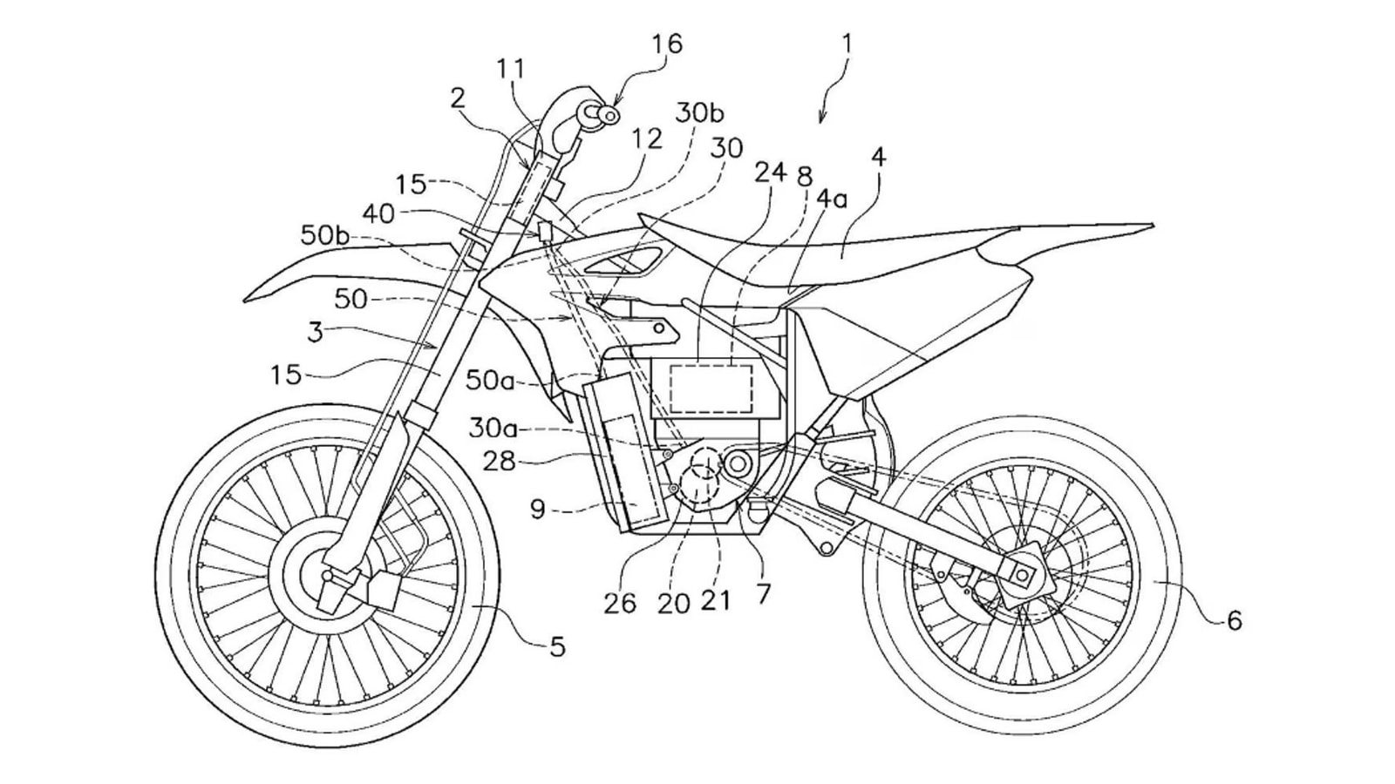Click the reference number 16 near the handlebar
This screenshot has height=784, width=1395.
click(x=665, y=44)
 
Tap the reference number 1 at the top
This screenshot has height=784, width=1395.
click(x=847, y=44)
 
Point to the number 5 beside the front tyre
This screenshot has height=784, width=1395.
click(x=557, y=646)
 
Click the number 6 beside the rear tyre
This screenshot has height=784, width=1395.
click(x=1234, y=620)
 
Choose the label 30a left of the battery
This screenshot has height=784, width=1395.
click(x=494, y=428)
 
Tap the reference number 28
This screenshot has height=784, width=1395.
click(x=500, y=463)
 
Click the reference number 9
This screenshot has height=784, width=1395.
click(x=537, y=509)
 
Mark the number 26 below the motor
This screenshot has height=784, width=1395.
click(x=620, y=603)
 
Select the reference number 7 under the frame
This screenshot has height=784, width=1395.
click(x=764, y=594)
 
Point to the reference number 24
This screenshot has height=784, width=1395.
click(x=771, y=175)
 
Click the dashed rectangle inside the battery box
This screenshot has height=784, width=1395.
click(x=711, y=388)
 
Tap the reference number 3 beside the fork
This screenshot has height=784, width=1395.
click(x=315, y=332)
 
